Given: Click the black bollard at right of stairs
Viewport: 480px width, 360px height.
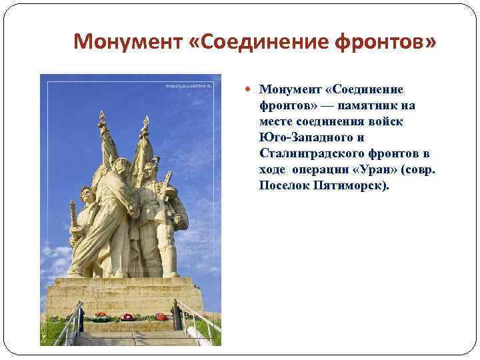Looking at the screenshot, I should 176,316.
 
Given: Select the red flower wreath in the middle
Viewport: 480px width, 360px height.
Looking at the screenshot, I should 127,317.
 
